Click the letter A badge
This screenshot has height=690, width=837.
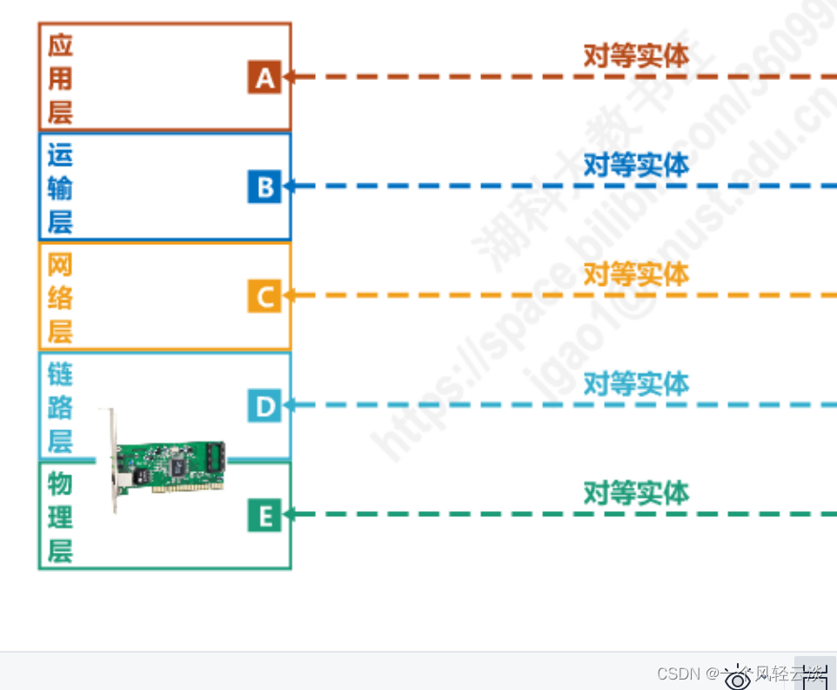pyautogui.click(x=264, y=77)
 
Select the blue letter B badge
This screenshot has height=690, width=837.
pyautogui.click(x=264, y=187)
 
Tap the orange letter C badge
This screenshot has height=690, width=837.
pyautogui.click(x=264, y=296)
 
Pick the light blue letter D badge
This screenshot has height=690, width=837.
pyautogui.click(x=264, y=406)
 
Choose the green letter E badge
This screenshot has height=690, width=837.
pyautogui.click(x=264, y=516)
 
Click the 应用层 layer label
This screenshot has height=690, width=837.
pyautogui.click(x=60, y=78)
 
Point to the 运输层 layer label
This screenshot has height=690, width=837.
pyautogui.click(x=60, y=188)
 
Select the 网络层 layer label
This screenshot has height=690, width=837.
pyautogui.click(x=60, y=297)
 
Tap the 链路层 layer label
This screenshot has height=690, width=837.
pyautogui.click(x=60, y=407)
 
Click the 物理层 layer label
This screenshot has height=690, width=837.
pyautogui.click(x=60, y=517)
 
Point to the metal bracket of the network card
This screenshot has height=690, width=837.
pyautogui.click(x=113, y=461)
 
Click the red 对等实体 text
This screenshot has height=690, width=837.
pyautogui.click(x=636, y=56)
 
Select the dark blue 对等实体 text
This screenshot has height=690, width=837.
pyautogui.click(x=636, y=164)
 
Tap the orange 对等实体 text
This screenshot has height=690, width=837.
pyautogui.click(x=636, y=274)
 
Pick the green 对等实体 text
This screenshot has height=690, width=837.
pyautogui.click(x=636, y=493)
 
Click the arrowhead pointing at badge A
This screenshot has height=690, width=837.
pyautogui.click(x=289, y=76)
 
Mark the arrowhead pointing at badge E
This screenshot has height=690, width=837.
pyautogui.click(x=289, y=514)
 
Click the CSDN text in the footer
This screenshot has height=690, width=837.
pyautogui.click(x=679, y=673)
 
